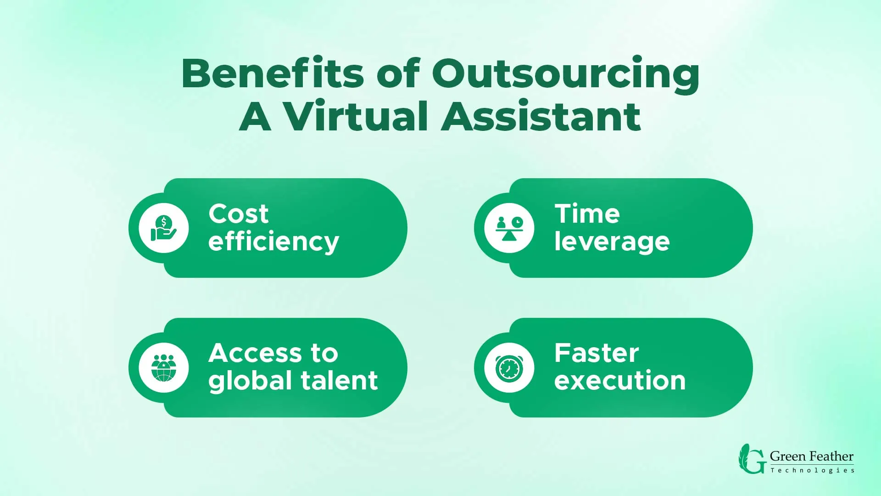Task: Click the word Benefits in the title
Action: click(273, 73)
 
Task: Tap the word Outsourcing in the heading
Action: click(565, 74)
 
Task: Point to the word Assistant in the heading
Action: click(541, 117)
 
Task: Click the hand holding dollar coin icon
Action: click(163, 228)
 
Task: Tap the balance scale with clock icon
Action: click(509, 228)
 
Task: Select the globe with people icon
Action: click(163, 368)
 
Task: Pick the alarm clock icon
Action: click(509, 368)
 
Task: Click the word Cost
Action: click(238, 214)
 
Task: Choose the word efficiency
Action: click(273, 242)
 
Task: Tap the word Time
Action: click(587, 214)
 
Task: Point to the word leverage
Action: click(612, 242)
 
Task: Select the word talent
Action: click(339, 381)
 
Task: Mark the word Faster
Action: click(596, 353)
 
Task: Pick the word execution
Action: click(619, 381)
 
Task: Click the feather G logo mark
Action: click(752, 459)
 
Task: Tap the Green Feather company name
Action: click(811, 457)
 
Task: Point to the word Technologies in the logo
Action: click(812, 470)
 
